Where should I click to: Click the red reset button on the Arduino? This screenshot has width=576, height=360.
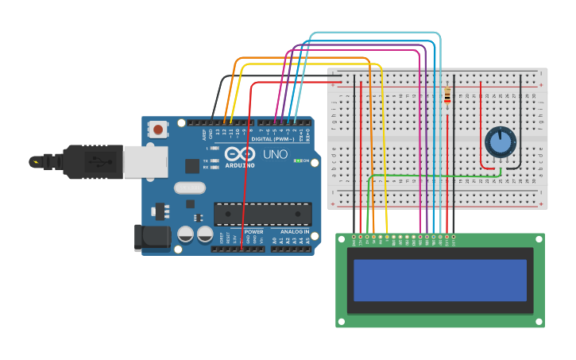[158, 129]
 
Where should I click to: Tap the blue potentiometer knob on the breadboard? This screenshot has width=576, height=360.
[500, 141]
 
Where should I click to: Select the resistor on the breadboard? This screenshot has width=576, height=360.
[447, 96]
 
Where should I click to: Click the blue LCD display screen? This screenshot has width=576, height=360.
[440, 280]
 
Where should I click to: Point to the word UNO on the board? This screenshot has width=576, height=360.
[275, 154]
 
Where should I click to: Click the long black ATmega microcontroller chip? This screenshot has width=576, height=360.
[262, 214]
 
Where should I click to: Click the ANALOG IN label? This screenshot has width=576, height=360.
[294, 232]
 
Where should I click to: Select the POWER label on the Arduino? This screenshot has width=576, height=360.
[253, 232]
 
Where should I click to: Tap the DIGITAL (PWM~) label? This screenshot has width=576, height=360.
[272, 139]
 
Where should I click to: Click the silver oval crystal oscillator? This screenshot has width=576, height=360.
[190, 188]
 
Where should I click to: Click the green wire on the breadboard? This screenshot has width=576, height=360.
[433, 176]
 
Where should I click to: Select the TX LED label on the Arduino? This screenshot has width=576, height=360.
[205, 160]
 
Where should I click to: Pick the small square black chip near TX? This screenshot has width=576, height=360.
[192, 165]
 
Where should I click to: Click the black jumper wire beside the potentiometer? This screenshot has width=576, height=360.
[521, 119]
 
